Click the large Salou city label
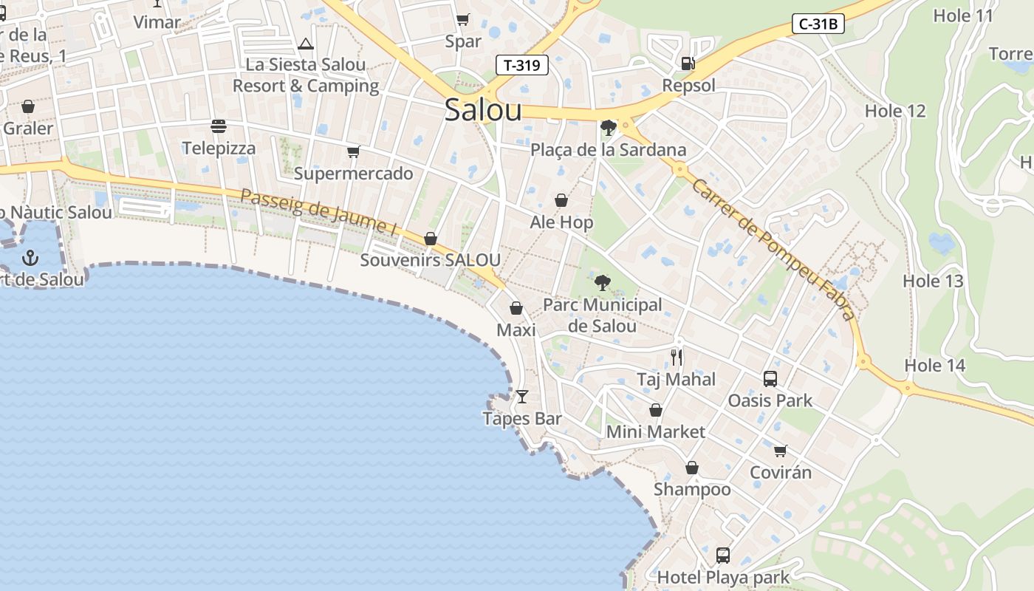[483, 110]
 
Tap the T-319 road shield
[521, 65]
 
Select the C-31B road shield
[818, 24]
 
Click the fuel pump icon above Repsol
[688, 64]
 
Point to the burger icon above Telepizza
[218, 126]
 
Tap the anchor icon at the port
[30, 258]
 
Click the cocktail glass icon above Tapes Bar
[522, 397]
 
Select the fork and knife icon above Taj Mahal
[677, 358]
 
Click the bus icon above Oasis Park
[770, 379]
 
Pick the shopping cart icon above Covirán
[780, 451]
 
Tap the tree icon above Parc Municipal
[603, 282]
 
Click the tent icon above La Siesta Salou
[306, 44]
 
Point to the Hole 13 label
[933, 281]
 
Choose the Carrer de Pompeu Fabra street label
[773, 250]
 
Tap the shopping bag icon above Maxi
[516, 308]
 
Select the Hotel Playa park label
[723, 577]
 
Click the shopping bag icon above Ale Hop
[561, 200]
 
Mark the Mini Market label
[655, 431]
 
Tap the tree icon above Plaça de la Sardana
[609, 128]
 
